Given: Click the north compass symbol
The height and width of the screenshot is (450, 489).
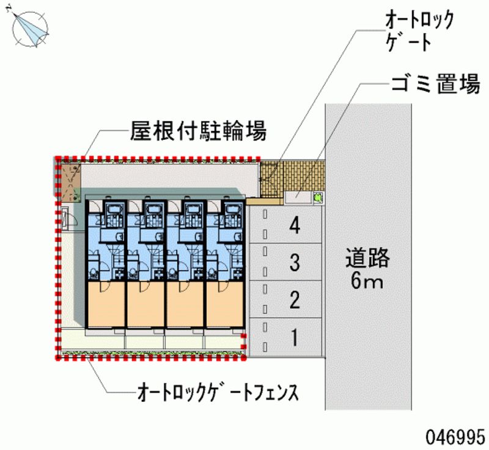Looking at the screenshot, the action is [x=30, y=29].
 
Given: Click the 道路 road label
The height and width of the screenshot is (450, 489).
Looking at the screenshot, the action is [x=368, y=258].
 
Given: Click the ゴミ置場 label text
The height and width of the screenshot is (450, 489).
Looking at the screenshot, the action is [x=435, y=84].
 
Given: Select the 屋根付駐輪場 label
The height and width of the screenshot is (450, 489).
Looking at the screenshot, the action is [x=198, y=131].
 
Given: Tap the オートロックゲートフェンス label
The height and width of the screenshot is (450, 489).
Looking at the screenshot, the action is [x=218, y=392].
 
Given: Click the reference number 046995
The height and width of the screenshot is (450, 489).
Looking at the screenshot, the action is [x=455, y=437].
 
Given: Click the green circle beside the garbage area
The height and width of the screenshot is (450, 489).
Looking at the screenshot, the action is [x=318, y=198].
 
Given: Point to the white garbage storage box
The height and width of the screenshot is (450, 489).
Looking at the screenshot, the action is [x=298, y=198].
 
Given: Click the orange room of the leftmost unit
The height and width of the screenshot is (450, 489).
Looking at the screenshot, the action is [x=106, y=304].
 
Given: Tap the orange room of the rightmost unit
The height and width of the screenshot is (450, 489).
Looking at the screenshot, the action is [x=224, y=304].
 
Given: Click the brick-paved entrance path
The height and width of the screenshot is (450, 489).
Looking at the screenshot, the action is [x=293, y=178].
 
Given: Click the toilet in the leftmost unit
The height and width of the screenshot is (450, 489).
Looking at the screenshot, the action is [x=94, y=273].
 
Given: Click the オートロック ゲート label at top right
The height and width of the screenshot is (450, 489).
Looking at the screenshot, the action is [x=419, y=31].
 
